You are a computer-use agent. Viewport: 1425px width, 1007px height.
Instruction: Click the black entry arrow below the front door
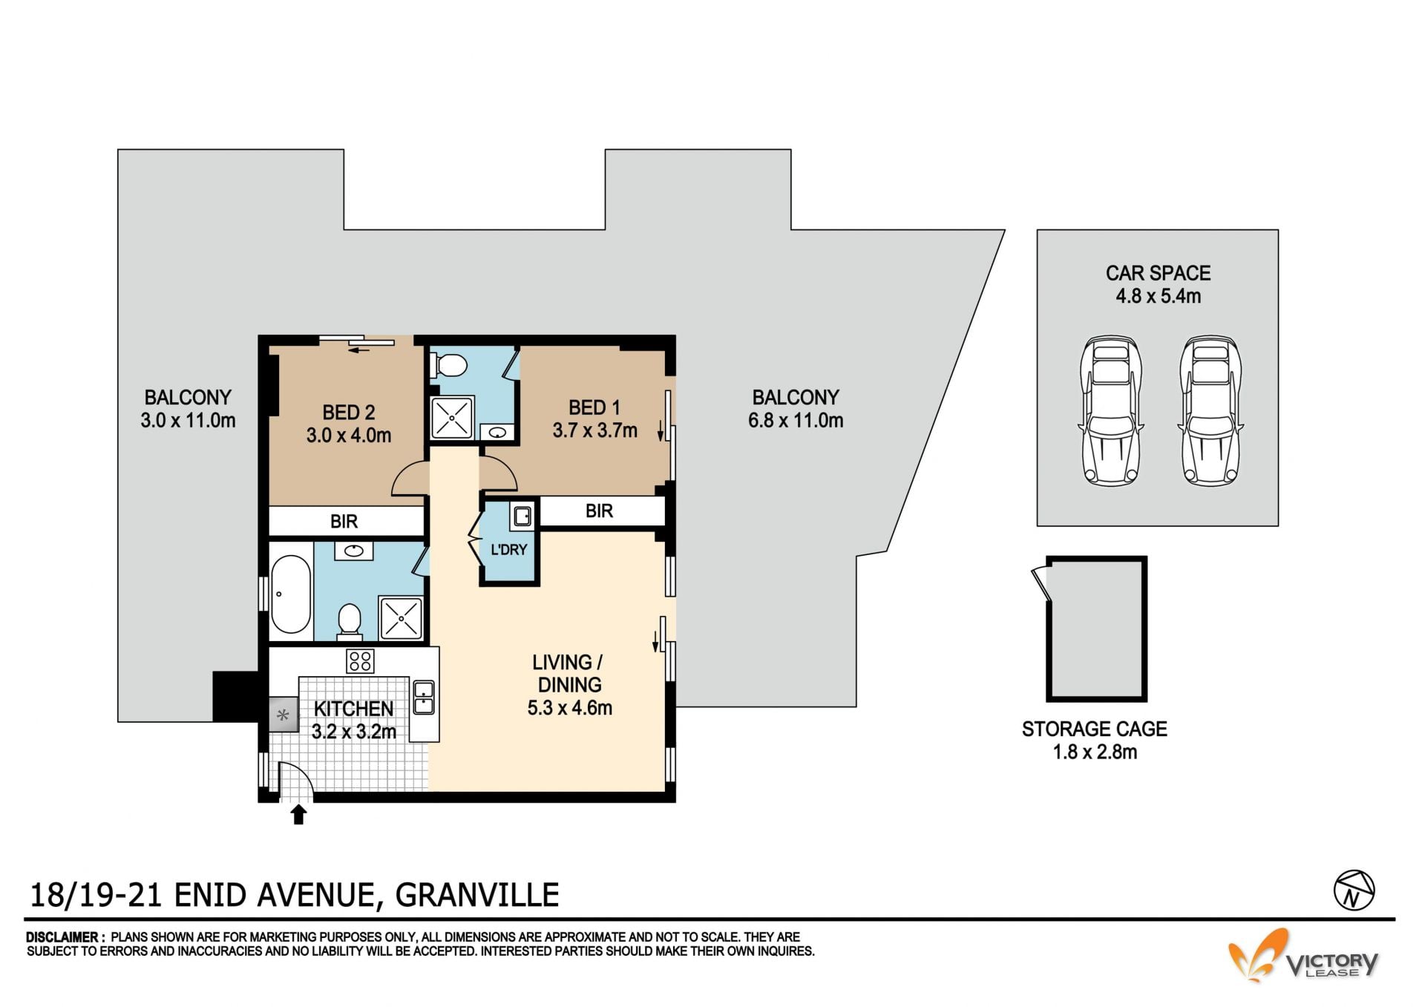point(298,814)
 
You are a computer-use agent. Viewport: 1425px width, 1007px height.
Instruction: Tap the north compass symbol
point(1354,890)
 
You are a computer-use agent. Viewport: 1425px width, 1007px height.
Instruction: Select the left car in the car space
point(1110,410)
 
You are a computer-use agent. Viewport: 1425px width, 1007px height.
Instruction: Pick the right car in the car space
point(1211,410)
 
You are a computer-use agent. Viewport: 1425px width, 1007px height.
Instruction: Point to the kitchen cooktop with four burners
point(360,660)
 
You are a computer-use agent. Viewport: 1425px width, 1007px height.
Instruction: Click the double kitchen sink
point(423,697)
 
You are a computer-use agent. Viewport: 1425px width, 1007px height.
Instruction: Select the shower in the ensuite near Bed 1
point(452,418)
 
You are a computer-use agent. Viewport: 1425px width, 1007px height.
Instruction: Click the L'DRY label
point(508,550)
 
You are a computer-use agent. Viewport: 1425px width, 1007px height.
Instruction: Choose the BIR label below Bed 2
point(344,522)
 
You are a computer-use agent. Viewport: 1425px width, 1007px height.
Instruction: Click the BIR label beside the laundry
point(599,511)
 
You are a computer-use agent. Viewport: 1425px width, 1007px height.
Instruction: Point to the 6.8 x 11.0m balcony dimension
point(796,421)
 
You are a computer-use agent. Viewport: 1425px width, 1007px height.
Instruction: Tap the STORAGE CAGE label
point(1095,729)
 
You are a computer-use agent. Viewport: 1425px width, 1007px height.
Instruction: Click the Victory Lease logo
point(1303,956)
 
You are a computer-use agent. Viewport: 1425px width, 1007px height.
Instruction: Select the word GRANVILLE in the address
point(477,895)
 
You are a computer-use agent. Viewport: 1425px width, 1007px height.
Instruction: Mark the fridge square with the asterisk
point(283,715)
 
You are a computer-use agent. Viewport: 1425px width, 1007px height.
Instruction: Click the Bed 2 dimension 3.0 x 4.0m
point(349,435)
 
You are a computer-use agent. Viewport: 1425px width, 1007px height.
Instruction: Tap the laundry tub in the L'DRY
point(522,516)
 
